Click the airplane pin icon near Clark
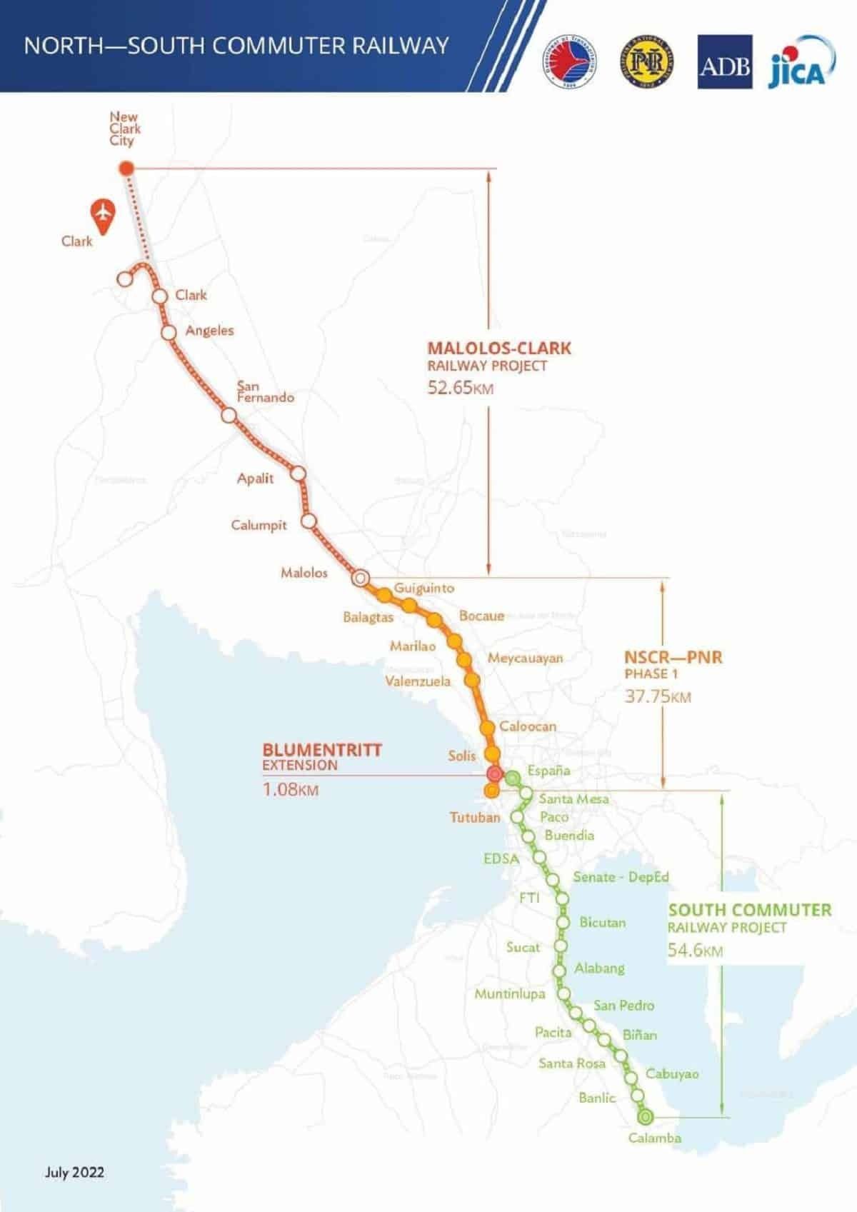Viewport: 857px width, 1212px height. click(104, 216)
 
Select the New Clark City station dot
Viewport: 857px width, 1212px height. click(126, 169)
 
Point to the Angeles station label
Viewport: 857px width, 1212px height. click(209, 331)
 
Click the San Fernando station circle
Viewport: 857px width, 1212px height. click(229, 415)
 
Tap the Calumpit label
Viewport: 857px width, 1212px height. click(259, 525)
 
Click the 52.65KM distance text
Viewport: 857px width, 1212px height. click(460, 389)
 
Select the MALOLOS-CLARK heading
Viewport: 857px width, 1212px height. click(499, 349)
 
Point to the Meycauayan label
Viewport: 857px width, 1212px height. click(525, 658)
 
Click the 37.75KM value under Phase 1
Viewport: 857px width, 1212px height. click(658, 696)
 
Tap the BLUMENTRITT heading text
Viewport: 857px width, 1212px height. click(322, 750)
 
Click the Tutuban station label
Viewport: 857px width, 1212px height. click(474, 817)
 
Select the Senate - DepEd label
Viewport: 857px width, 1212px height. click(621, 876)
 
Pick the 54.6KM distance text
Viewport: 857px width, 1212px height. click(695, 951)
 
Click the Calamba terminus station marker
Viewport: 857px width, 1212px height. click(646, 1116)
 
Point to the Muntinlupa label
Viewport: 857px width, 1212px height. click(510, 993)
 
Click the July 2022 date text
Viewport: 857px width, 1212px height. click(74, 1172)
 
